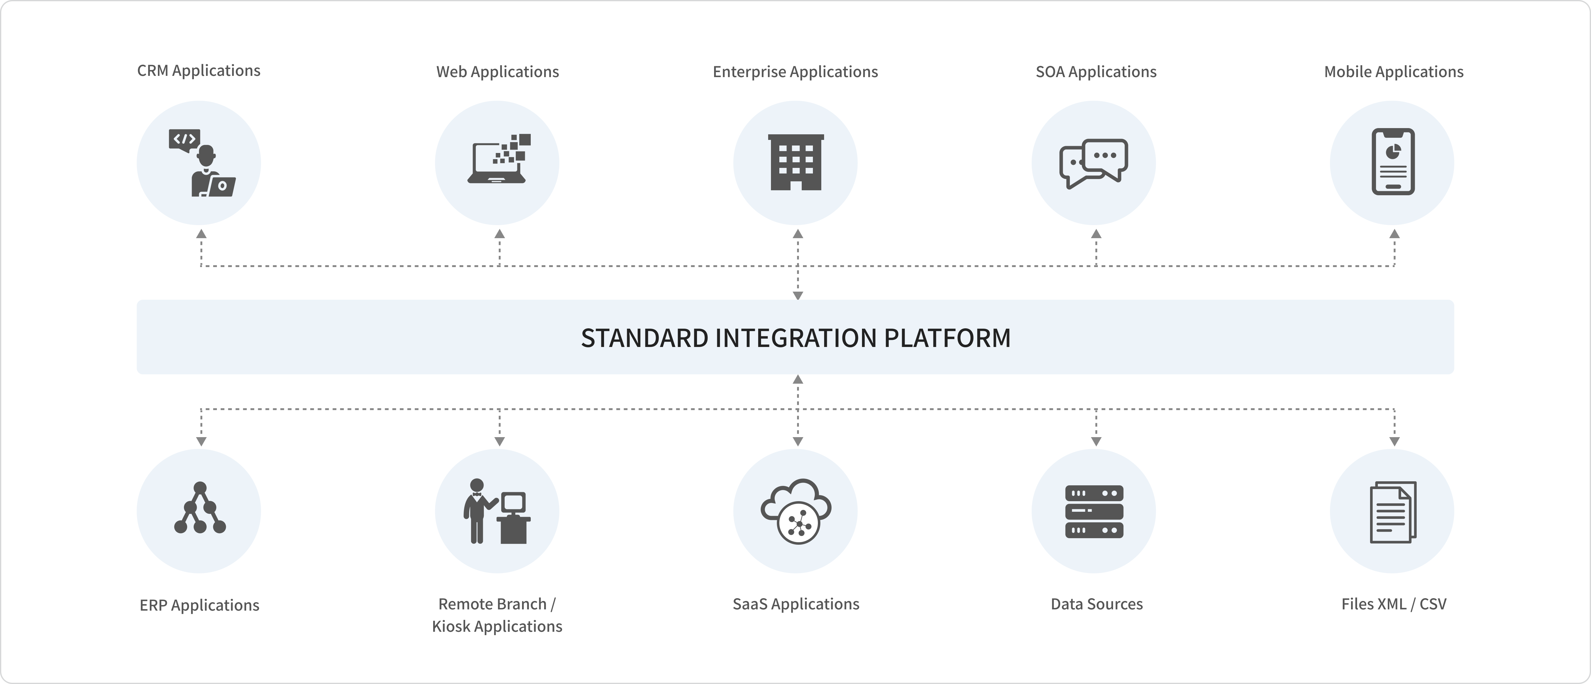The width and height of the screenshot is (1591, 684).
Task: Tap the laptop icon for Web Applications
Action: (x=498, y=161)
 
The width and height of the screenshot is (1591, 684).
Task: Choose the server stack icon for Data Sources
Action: (x=1094, y=511)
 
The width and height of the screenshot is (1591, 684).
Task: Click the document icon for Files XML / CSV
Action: (x=1393, y=512)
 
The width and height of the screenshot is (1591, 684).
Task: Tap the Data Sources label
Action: (x=1096, y=604)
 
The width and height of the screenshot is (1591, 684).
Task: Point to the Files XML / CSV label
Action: (x=1393, y=604)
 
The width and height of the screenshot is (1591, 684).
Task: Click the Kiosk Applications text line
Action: (x=497, y=626)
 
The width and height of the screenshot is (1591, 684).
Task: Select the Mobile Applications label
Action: (x=1393, y=72)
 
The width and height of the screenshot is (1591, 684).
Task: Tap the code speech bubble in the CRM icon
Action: (x=184, y=139)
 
